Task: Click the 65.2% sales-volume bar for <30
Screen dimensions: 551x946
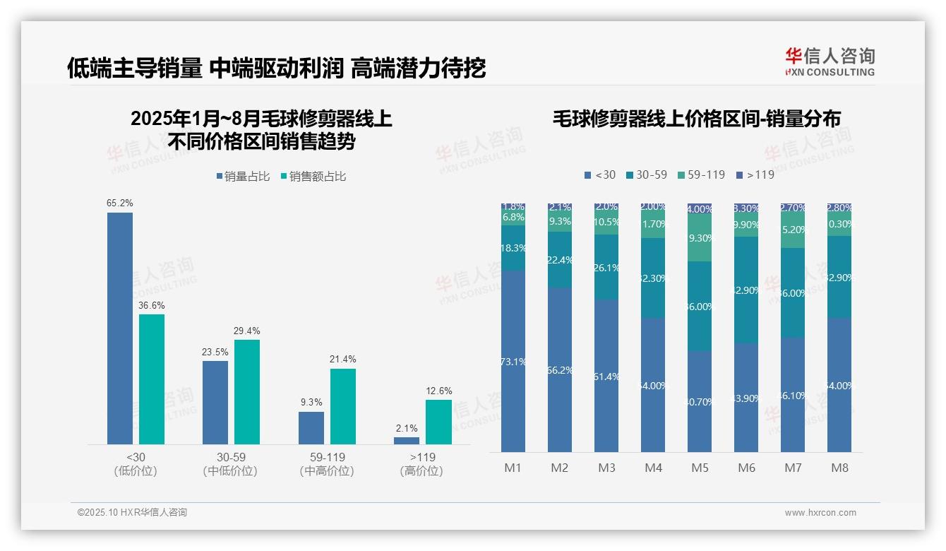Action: pyautogui.click(x=120, y=328)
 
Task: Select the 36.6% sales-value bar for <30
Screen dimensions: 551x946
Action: pyautogui.click(x=152, y=379)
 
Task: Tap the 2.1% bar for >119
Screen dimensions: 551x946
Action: pyautogui.click(x=407, y=440)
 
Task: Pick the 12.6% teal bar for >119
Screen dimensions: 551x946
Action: pyautogui.click(x=438, y=422)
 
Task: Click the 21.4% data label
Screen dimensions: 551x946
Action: pyautogui.click(x=342, y=360)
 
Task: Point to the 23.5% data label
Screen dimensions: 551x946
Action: pyautogui.click(x=215, y=352)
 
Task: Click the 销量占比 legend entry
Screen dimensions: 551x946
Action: pyautogui.click(x=243, y=177)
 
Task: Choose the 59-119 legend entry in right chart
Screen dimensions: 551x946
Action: pyautogui.click(x=701, y=174)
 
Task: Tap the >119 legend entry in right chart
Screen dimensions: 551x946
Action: pyautogui.click(x=755, y=174)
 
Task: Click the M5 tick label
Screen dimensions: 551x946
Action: pyautogui.click(x=700, y=468)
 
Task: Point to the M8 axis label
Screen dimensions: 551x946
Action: pyautogui.click(x=839, y=468)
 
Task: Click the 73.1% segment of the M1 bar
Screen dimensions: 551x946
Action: pyautogui.click(x=513, y=361)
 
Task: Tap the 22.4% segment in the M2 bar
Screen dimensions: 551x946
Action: pyautogui.click(x=560, y=260)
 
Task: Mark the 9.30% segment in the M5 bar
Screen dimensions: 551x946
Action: pyautogui.click(x=700, y=238)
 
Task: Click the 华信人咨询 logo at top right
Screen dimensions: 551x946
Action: pyautogui.click(x=830, y=62)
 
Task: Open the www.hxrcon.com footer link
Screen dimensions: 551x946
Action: pyautogui.click(x=820, y=513)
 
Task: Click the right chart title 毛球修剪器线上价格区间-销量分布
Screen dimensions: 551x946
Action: pyautogui.click(x=696, y=119)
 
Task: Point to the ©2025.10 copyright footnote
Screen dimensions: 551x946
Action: pyautogui.click(x=132, y=513)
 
